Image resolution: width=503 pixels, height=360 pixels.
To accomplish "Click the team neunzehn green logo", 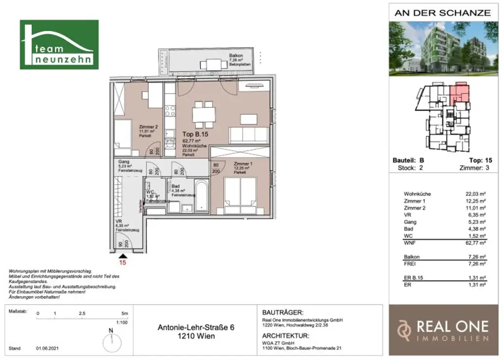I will [x=59, y=45].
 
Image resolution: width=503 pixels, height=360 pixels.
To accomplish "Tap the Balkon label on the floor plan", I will [x=236, y=55].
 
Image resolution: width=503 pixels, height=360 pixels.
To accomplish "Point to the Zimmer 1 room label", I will [x=243, y=164].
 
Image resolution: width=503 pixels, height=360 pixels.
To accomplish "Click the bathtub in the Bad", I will [x=201, y=195].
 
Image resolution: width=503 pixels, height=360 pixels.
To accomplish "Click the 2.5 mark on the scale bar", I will [x=81, y=313].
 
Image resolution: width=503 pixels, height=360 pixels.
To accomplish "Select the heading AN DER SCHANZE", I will [x=442, y=13].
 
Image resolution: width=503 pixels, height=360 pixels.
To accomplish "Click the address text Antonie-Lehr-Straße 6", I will [x=196, y=327].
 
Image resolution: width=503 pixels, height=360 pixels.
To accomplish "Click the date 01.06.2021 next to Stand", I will [x=47, y=348].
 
